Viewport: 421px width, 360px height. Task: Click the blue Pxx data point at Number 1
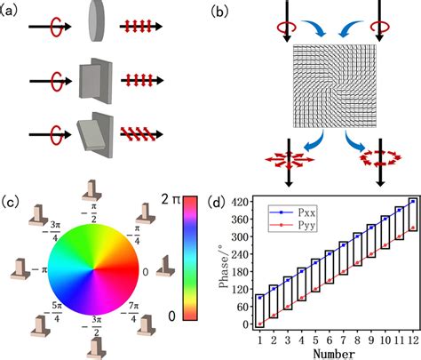click(258, 297)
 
